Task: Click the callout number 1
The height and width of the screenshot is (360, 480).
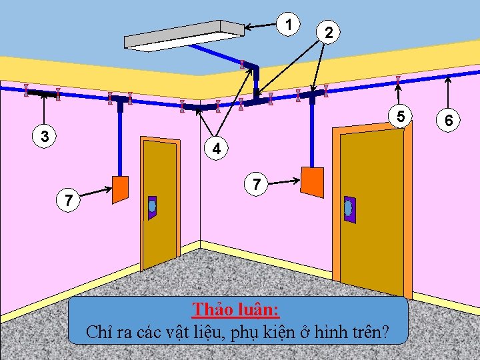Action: click(288, 24)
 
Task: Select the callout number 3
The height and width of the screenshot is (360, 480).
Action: click(45, 137)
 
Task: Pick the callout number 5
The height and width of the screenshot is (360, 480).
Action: click(400, 117)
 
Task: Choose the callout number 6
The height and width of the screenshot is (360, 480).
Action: click(449, 121)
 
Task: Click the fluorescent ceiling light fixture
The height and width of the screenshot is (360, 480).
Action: click(185, 35)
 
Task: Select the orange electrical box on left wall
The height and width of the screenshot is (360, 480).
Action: click(120, 189)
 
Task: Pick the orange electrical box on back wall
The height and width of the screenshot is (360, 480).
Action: click(312, 181)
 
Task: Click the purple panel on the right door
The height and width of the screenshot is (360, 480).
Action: click(348, 209)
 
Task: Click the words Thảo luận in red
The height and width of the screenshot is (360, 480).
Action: click(236, 310)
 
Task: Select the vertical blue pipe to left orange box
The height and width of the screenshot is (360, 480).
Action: click(121, 140)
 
